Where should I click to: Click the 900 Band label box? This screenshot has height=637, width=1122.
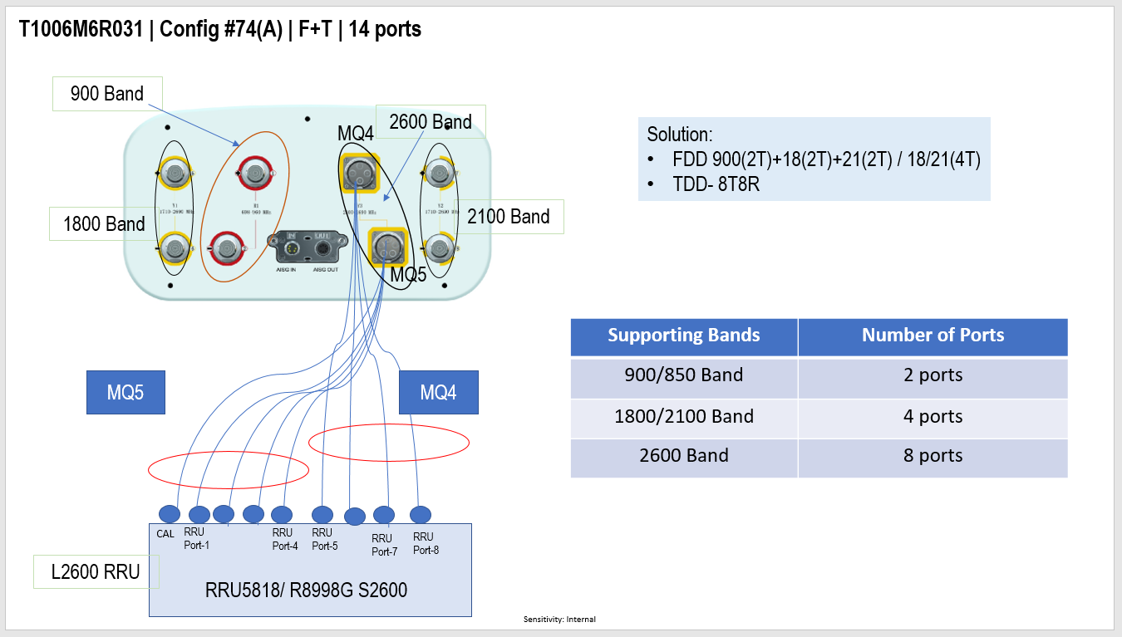click(x=107, y=94)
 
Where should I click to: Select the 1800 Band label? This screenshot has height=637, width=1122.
click(x=104, y=223)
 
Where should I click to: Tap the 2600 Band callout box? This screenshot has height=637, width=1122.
click(x=430, y=122)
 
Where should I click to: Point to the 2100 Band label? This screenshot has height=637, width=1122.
click(x=509, y=217)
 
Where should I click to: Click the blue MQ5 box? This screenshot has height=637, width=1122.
click(x=125, y=393)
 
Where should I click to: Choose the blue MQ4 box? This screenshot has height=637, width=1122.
click(x=438, y=393)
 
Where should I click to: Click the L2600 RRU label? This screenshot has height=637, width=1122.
click(x=96, y=572)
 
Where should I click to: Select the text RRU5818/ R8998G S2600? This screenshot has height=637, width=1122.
click(x=307, y=590)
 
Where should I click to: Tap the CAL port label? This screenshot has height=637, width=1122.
click(x=165, y=534)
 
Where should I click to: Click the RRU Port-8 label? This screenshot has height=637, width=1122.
click(x=425, y=543)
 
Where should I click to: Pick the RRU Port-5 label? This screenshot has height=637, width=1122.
click(x=324, y=539)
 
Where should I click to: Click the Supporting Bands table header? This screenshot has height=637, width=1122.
click(x=683, y=336)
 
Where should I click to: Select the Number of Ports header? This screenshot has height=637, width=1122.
click(x=933, y=336)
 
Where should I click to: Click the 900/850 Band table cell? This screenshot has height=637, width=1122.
click(x=683, y=375)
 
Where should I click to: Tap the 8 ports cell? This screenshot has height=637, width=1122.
click(x=933, y=456)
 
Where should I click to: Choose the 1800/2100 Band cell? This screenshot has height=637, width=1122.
click(x=683, y=416)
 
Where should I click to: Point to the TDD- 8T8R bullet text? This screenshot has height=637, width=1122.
click(x=716, y=184)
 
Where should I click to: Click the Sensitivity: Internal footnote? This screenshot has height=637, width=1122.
click(x=559, y=620)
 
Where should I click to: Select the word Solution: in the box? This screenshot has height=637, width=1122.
click(x=680, y=135)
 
